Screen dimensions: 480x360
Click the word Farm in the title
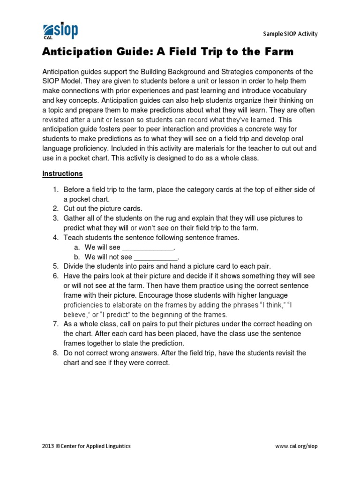(279, 52)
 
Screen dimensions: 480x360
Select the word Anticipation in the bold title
(74, 52)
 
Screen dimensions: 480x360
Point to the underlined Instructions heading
(62, 173)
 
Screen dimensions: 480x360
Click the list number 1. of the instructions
(55, 189)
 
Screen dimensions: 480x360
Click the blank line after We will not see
(156, 257)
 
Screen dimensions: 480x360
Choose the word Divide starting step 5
(74, 266)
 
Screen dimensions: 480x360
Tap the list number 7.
(55, 324)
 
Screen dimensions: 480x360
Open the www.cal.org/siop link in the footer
(296, 446)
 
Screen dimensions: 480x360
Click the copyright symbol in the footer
(59, 446)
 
